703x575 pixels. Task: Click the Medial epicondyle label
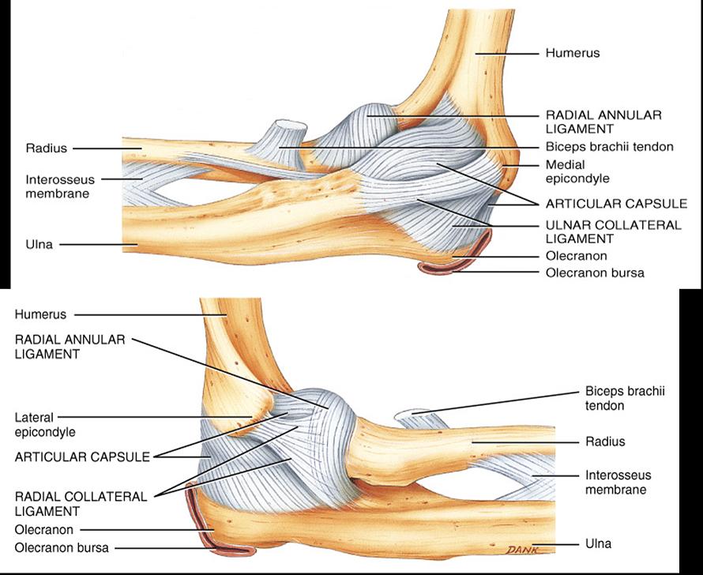click(577, 171)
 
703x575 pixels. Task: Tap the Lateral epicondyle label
click(45, 425)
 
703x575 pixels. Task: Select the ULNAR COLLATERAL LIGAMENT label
click(613, 231)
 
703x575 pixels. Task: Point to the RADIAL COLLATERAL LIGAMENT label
click(81, 504)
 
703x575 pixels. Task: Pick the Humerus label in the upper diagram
click(573, 53)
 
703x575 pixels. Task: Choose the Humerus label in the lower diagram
click(40, 314)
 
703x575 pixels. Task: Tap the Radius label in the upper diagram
click(46, 148)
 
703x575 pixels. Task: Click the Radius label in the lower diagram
click(605, 442)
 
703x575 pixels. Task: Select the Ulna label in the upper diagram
click(39, 244)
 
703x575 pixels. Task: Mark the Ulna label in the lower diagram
click(598, 543)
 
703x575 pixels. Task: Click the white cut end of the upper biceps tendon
click(291, 126)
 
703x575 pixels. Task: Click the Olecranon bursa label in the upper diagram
click(595, 272)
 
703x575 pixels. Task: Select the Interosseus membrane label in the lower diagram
click(618, 482)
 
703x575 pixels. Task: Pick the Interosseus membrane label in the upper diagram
click(60, 186)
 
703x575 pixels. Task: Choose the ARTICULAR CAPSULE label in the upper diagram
click(616, 204)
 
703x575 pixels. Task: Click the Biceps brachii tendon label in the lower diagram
click(625, 398)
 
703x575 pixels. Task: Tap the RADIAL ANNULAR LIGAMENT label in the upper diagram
click(603, 122)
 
